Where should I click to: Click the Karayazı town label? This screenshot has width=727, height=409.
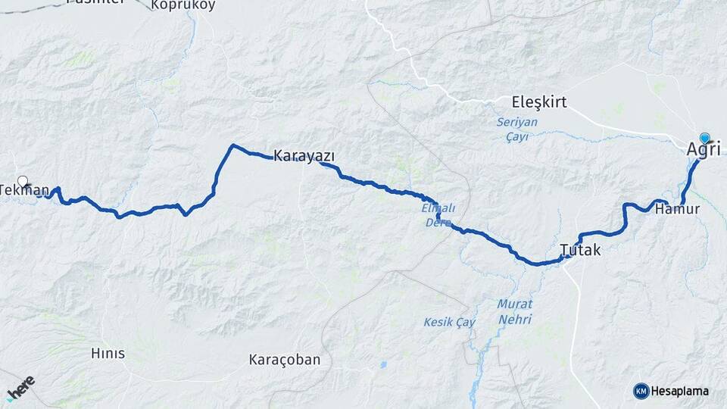pyautogui.click(x=304, y=155)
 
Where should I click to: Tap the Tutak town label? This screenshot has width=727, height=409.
pyautogui.click(x=580, y=249)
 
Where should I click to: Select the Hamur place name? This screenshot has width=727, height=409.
pyautogui.click(x=678, y=208)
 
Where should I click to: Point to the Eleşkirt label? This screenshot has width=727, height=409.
pyautogui.click(x=539, y=102)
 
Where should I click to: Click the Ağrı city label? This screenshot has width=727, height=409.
pyautogui.click(x=704, y=150)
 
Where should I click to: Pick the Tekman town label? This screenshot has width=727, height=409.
pyautogui.click(x=25, y=190)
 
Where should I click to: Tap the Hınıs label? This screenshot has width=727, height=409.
pyautogui.click(x=108, y=353)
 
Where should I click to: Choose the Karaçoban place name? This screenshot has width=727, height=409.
pyautogui.click(x=285, y=360)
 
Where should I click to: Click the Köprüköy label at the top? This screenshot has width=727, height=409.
pyautogui.click(x=183, y=5)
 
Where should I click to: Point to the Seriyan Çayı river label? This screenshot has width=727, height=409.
pyautogui.click(x=516, y=129)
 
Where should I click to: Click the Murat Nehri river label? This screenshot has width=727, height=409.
pyautogui.click(x=514, y=311)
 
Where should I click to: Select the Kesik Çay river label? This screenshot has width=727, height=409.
pyautogui.click(x=449, y=322)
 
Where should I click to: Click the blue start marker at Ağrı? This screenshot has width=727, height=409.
pyautogui.click(x=705, y=138)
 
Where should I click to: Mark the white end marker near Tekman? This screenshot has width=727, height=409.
pyautogui.click(x=23, y=181)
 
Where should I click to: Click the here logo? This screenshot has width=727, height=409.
pyautogui.click(x=20, y=387)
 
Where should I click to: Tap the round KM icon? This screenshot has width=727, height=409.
pyautogui.click(x=641, y=391)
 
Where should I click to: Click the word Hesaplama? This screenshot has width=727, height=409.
pyautogui.click(x=680, y=391)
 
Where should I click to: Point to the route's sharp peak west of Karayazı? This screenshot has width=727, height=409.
pyautogui.click(x=233, y=145)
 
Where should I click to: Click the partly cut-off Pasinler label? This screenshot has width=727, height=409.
pyautogui.click(x=95, y=2)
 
